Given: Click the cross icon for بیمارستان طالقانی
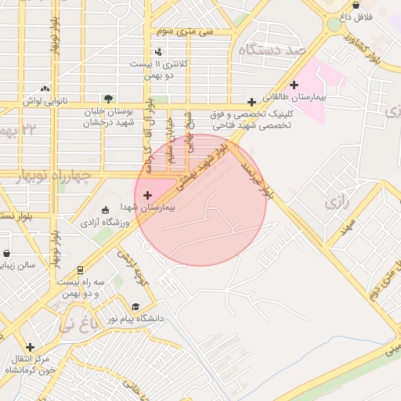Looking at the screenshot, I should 294,85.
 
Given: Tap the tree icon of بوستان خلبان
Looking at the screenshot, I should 107,99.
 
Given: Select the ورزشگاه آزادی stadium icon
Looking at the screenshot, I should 106,210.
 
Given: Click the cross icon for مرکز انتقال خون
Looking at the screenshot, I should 30,346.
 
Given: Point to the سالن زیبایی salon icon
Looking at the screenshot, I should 7,254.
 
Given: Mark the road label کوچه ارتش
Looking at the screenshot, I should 132,264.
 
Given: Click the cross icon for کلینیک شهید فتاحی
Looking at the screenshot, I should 251,102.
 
